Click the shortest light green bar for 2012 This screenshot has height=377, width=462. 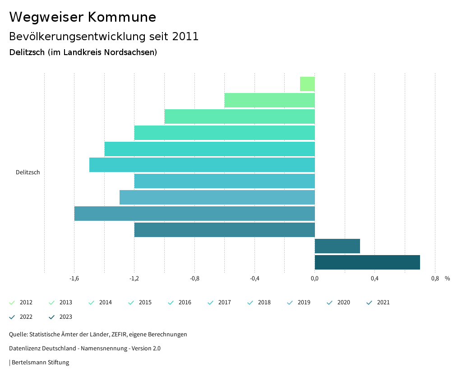(x=307, y=84)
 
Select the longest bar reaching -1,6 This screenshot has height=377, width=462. (x=194, y=214)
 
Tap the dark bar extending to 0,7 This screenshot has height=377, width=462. (x=367, y=262)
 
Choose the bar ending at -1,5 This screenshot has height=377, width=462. (x=202, y=165)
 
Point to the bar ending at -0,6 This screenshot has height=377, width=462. (x=269, y=100)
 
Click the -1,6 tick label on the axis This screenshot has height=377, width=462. (x=74, y=279)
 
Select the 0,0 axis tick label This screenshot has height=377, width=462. (x=314, y=279)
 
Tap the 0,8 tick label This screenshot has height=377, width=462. (x=434, y=279)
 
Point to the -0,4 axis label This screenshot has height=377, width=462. (x=254, y=279)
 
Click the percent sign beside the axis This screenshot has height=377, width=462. (x=447, y=279)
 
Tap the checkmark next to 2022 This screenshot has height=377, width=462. (x=12, y=317)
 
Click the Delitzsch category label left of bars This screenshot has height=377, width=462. (x=28, y=172)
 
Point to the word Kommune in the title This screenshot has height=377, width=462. (x=122, y=17)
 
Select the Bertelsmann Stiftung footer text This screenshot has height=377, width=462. (x=40, y=362)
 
